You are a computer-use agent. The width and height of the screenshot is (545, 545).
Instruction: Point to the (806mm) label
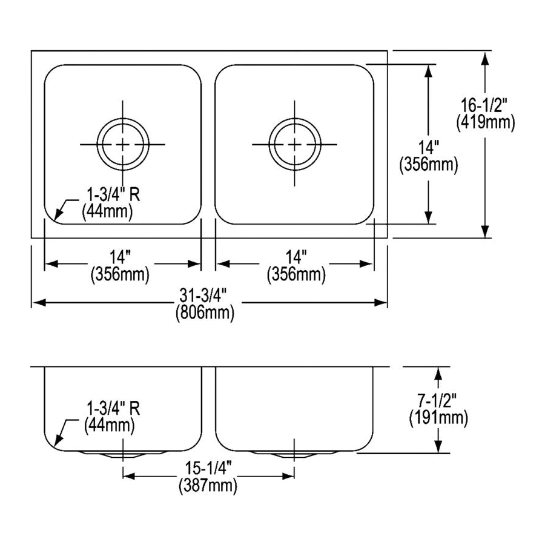pyautogui.click(x=205, y=313)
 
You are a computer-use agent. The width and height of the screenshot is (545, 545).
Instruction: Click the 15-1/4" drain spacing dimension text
pyautogui.click(x=208, y=469)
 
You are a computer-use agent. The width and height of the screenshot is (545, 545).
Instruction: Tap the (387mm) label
pyautogui.click(x=208, y=485)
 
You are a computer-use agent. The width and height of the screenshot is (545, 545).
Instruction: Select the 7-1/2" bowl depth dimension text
pyautogui.click(x=437, y=401)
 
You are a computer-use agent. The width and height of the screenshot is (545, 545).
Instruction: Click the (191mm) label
pyautogui.click(x=438, y=418)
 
